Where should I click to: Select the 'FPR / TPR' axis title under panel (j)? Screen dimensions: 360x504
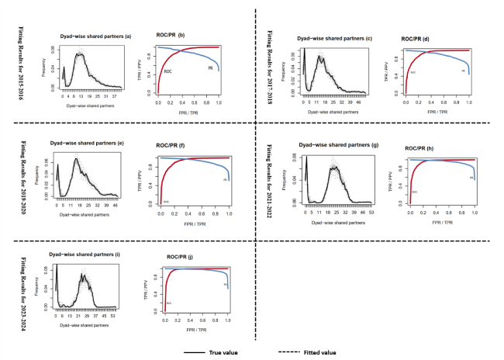[196, 331]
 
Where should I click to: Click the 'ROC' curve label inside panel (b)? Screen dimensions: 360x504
[167, 71]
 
